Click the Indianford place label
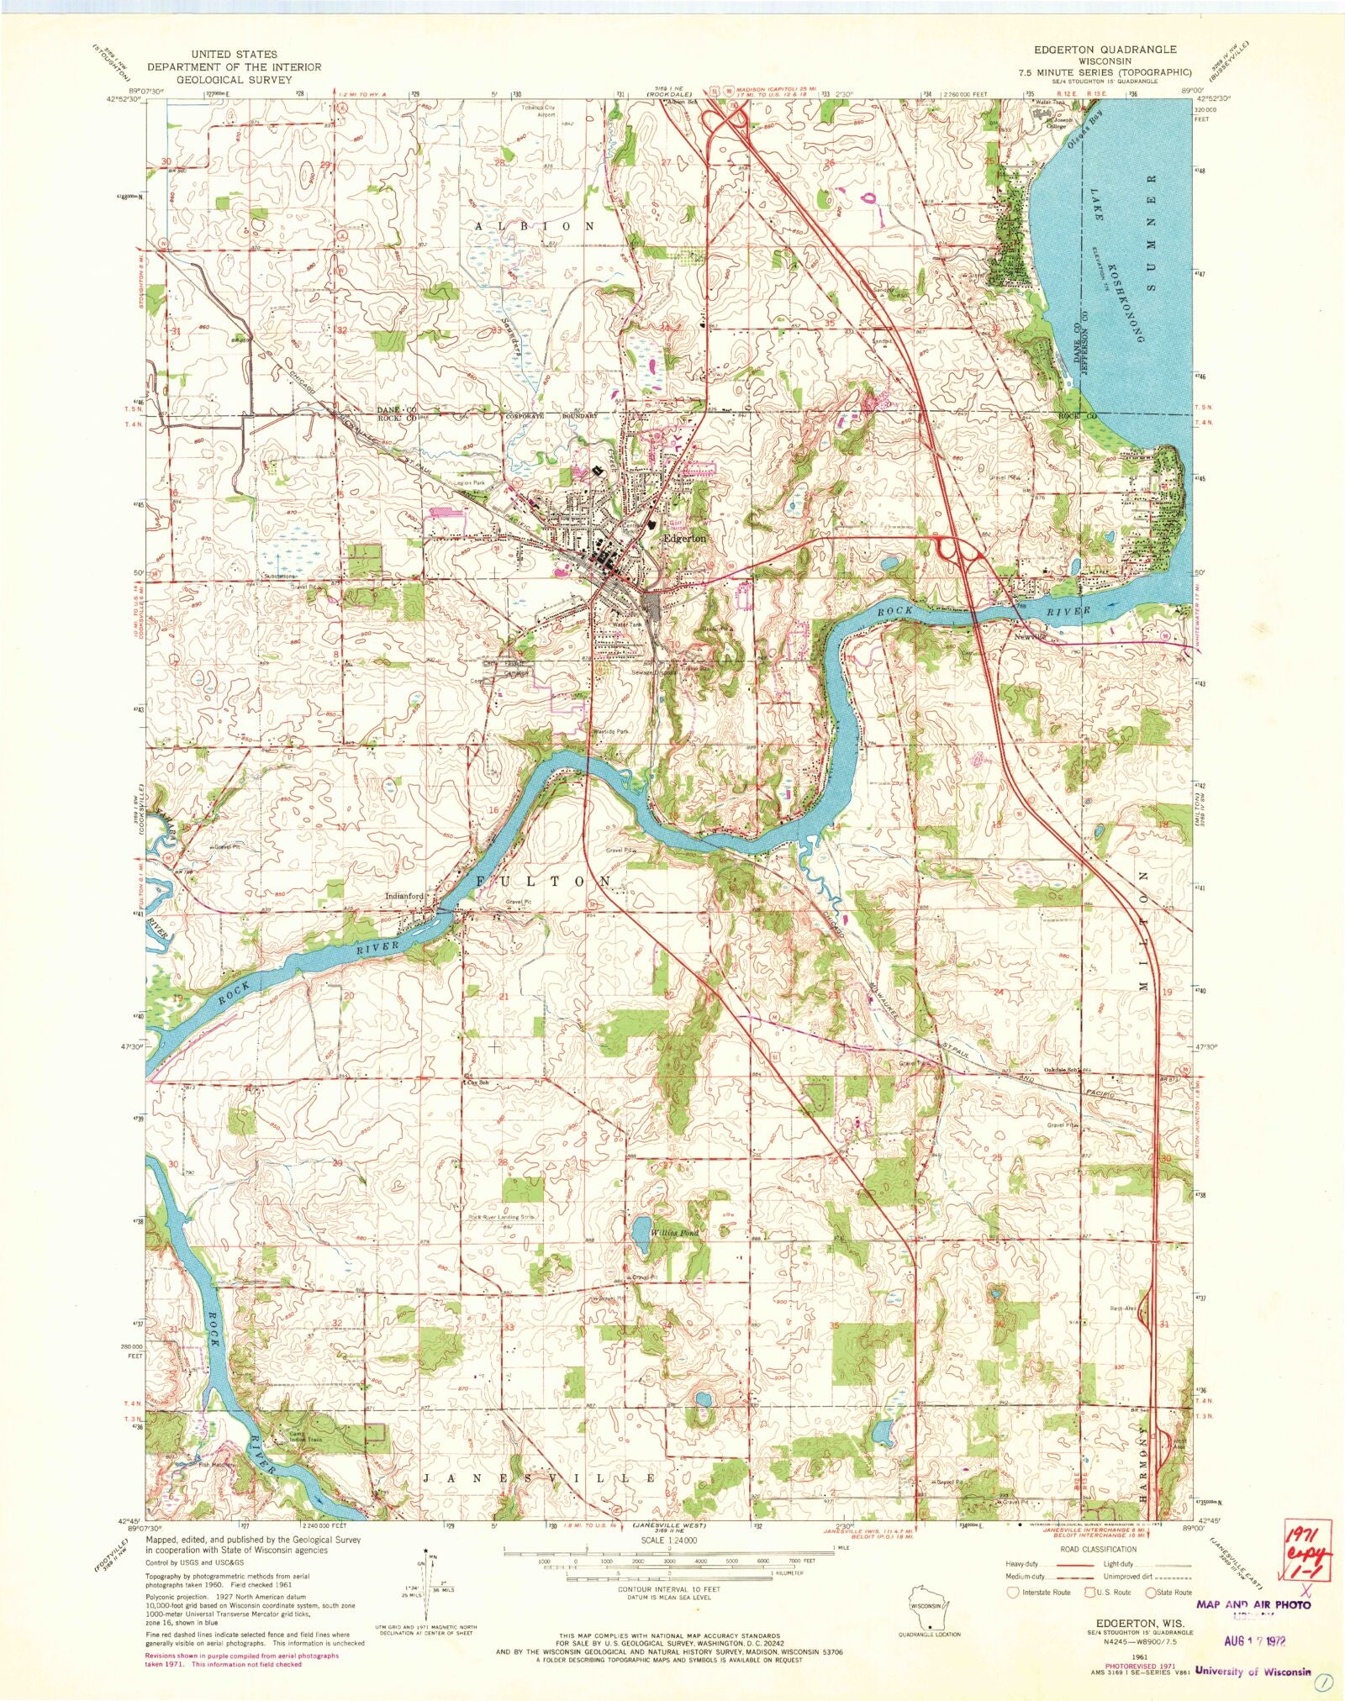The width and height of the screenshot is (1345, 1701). [403, 895]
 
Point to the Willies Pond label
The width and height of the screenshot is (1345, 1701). [674, 1233]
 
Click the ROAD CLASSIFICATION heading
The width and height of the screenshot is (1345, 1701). [1098, 1549]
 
